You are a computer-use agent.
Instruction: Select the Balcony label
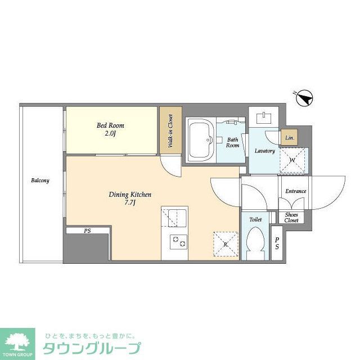click(x=40, y=181)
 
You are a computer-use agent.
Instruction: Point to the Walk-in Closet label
click(x=170, y=131)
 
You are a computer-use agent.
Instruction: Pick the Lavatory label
click(x=264, y=151)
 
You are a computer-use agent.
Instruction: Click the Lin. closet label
click(x=289, y=138)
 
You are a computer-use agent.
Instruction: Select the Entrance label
click(x=295, y=191)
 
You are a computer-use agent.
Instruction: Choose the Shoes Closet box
click(x=291, y=217)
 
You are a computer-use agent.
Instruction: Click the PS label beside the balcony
click(x=87, y=231)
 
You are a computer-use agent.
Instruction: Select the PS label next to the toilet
click(x=276, y=242)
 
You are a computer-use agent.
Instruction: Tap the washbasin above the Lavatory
click(x=264, y=118)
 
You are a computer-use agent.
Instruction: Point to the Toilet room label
click(x=255, y=219)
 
